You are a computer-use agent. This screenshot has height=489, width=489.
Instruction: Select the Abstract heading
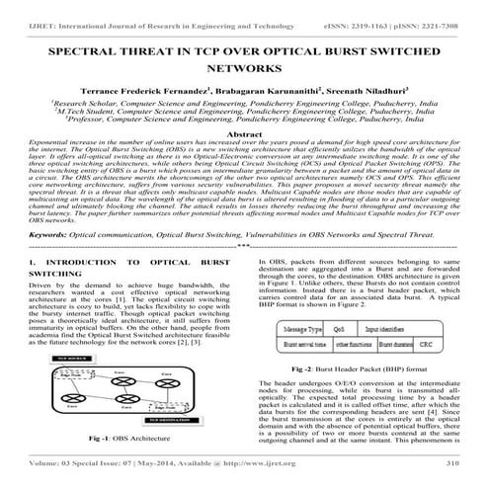pos(244,133)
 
